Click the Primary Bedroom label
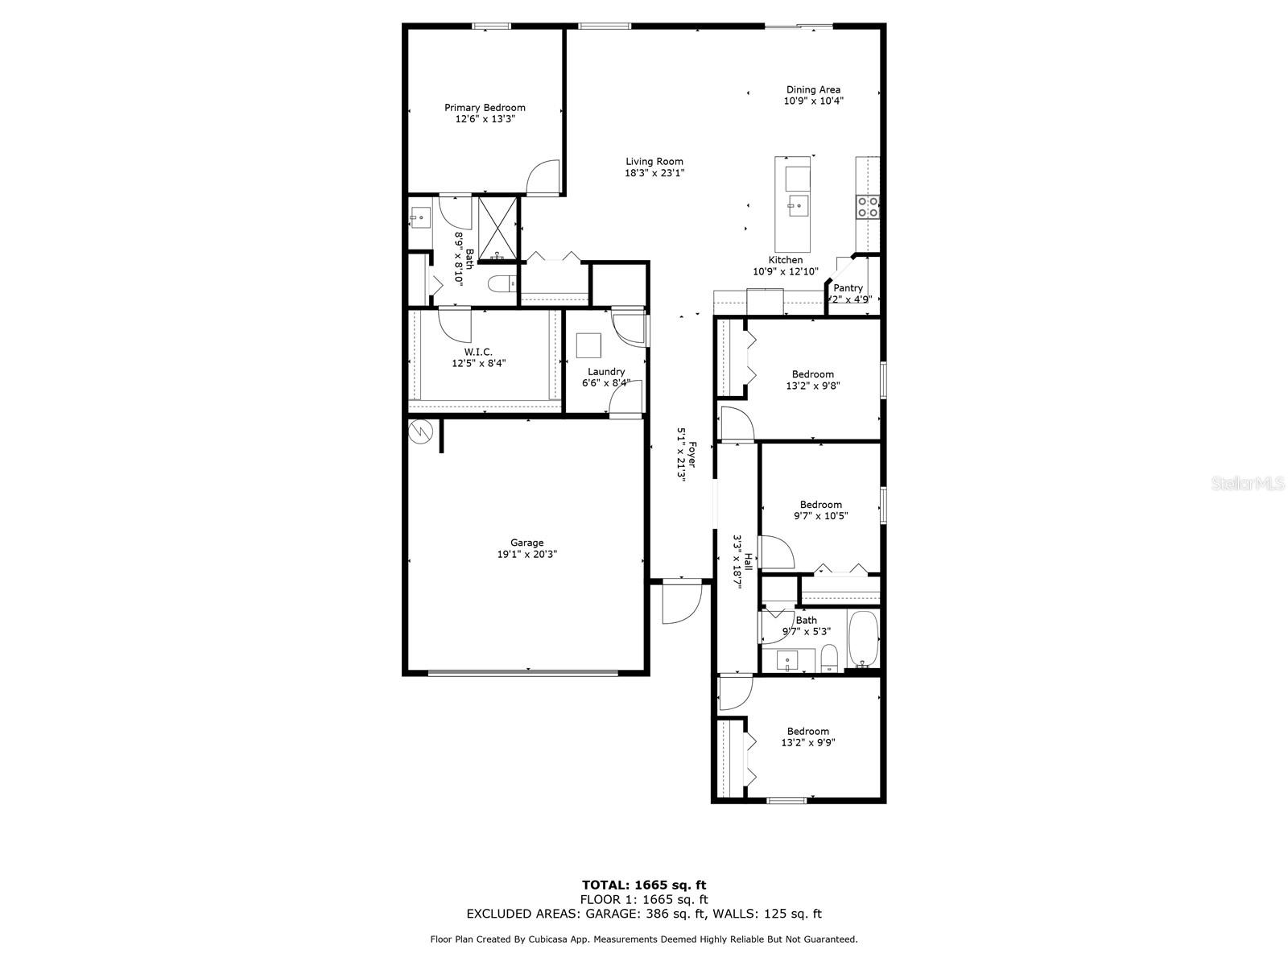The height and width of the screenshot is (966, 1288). click(x=485, y=108)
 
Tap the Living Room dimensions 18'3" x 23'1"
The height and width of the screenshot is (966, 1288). click(x=654, y=173)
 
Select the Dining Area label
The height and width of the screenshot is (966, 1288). click(x=813, y=90)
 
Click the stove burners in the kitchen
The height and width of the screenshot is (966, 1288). click(x=868, y=207)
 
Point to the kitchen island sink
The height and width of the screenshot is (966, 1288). click(x=797, y=204)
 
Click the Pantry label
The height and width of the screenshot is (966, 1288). click(x=848, y=288)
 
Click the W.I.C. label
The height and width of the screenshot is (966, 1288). click(x=478, y=352)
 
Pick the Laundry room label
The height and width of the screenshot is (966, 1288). click(x=605, y=372)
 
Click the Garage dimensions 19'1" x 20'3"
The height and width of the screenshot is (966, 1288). click(x=526, y=555)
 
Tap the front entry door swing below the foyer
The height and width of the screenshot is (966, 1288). click(x=680, y=605)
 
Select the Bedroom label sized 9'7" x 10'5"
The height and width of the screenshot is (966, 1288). click(x=820, y=505)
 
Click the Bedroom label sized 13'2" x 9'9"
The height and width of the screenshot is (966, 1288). click(x=807, y=732)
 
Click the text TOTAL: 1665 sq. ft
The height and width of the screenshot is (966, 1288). click(x=644, y=885)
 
